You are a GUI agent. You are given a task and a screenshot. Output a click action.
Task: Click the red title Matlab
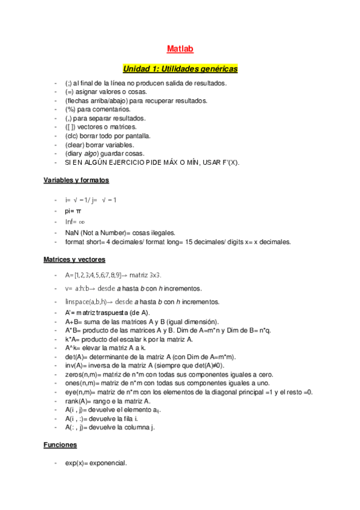coord(180,49)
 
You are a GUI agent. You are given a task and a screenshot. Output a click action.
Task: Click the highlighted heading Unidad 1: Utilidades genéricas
coord(180,69)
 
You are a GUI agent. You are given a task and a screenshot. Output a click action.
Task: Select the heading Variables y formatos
coord(76,180)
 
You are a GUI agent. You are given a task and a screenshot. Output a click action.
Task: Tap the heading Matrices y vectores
coord(75,259)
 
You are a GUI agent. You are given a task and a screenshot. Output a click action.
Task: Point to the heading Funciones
coord(60,445)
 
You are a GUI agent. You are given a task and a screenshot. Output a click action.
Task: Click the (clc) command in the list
coord(73,136)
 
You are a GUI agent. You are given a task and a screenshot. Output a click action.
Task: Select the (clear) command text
coord(75,145)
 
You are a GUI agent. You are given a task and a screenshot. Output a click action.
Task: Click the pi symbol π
coord(78,211)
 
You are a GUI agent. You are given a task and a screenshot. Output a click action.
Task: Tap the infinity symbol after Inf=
coord(82,222)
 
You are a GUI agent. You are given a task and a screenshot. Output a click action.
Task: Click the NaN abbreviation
coord(72,232)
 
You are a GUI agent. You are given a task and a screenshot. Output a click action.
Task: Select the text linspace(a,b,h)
coord(86,301)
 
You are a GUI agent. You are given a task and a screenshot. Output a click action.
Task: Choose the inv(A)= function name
coord(76,366)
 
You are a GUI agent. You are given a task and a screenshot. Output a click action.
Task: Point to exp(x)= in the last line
coord(77,463)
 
